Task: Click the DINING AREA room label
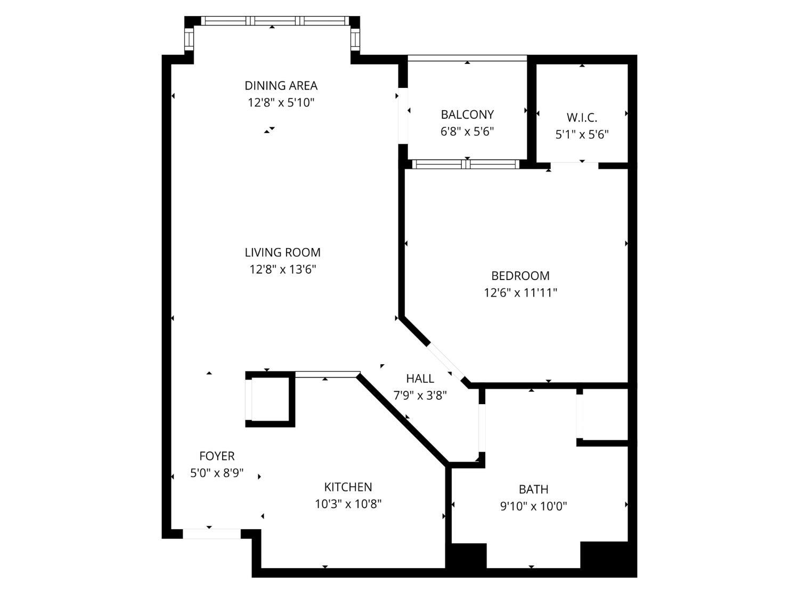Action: (x=281, y=85)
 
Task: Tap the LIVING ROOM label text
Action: (x=282, y=252)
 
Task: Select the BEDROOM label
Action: (x=520, y=276)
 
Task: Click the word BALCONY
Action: (x=467, y=114)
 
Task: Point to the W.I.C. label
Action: (x=582, y=118)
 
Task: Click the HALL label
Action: (x=420, y=379)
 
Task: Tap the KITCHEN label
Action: (x=348, y=487)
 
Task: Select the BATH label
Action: (x=533, y=489)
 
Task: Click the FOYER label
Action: (x=217, y=456)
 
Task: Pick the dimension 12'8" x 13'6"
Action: (x=282, y=269)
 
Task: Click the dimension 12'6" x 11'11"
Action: (x=520, y=292)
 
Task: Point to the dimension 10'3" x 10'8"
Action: (x=348, y=504)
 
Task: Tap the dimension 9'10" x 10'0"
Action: (x=533, y=506)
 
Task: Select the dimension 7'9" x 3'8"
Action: (x=420, y=396)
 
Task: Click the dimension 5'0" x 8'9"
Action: (x=217, y=473)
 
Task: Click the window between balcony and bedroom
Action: (x=466, y=164)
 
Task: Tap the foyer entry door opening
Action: (x=211, y=534)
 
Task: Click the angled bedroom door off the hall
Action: (x=446, y=362)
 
